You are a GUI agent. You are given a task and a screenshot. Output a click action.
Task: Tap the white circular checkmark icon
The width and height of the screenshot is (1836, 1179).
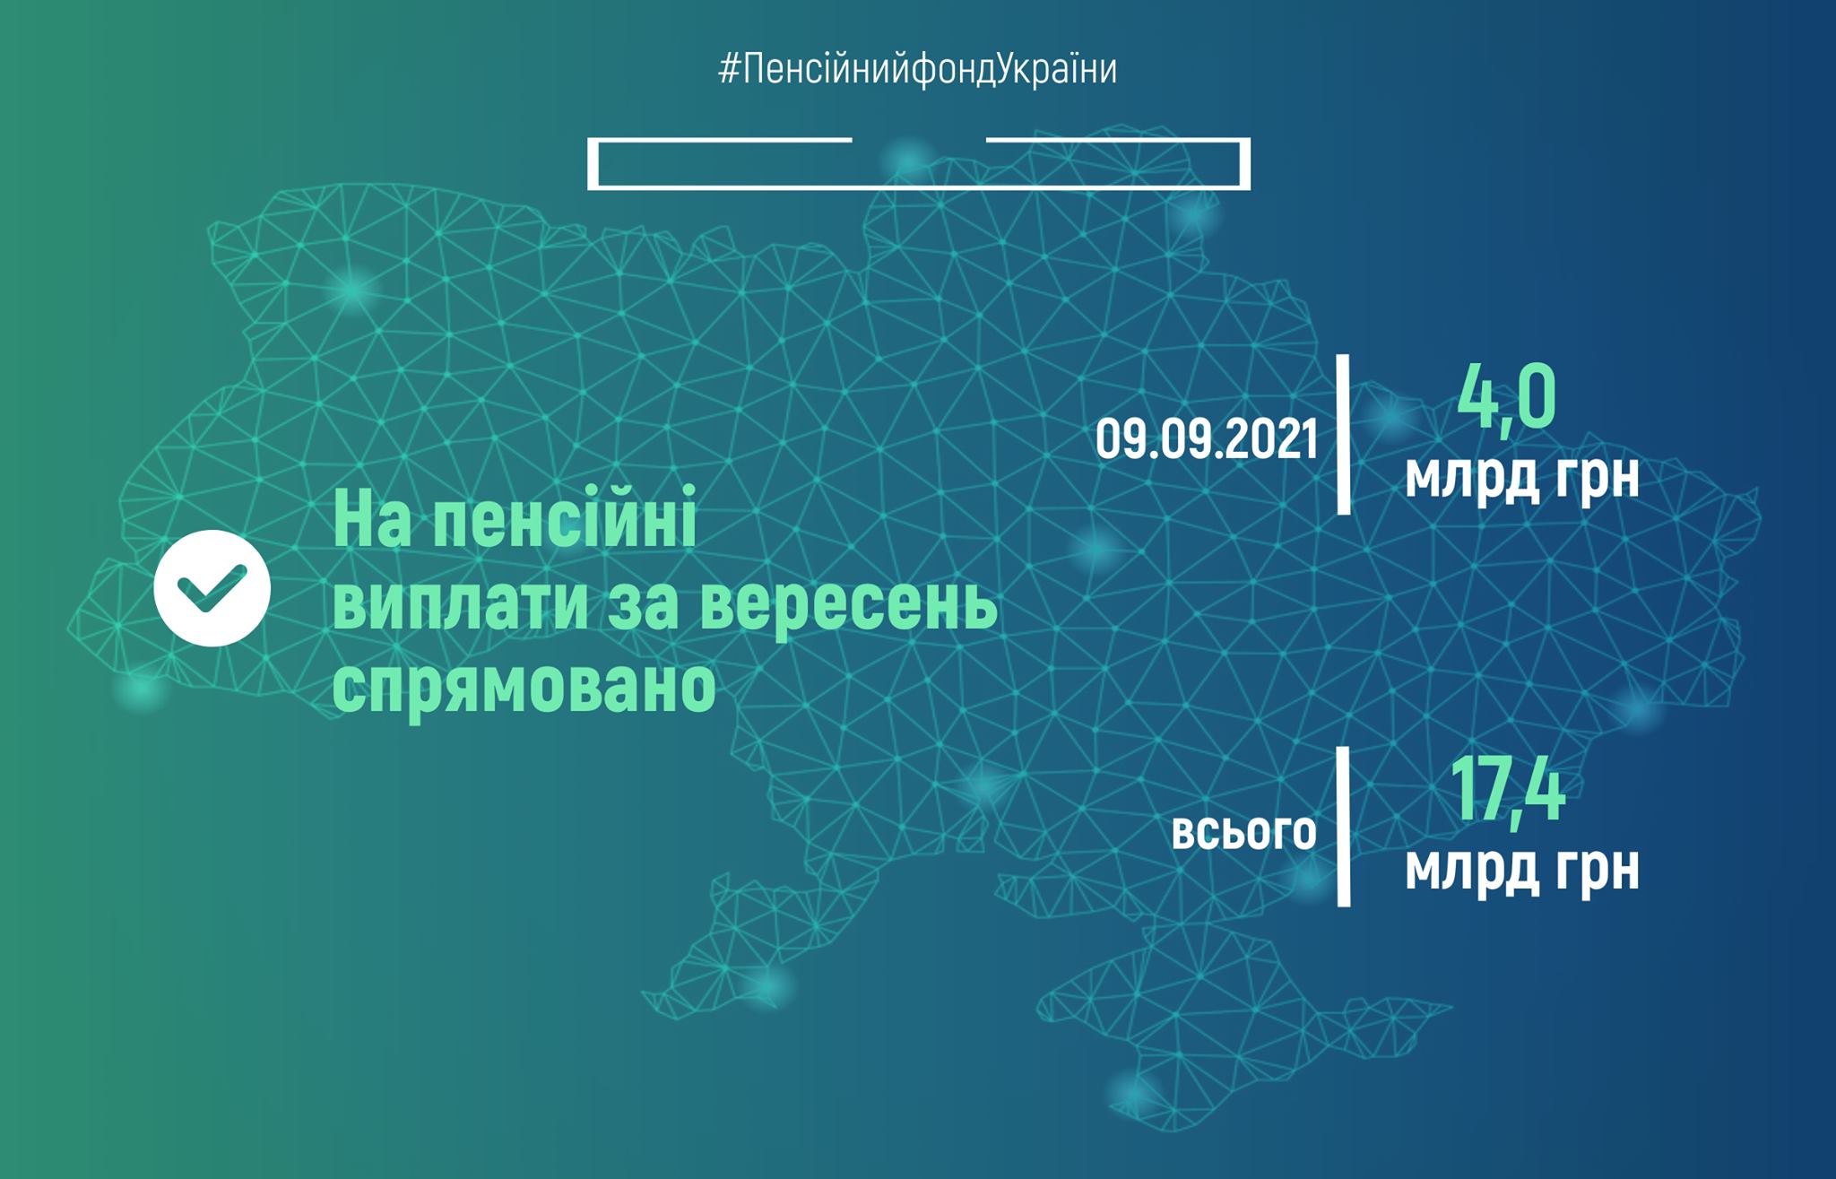(x=212, y=588)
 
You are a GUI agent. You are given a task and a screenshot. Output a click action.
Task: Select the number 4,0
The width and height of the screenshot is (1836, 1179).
(x=1506, y=397)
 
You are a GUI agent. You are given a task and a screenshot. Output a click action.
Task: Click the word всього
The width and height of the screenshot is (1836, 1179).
(x=1244, y=833)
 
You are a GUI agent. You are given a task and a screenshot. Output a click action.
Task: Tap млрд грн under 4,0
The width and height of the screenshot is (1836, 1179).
(x=1521, y=476)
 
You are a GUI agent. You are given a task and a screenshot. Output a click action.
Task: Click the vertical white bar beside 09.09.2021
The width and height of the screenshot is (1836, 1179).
(x=1343, y=435)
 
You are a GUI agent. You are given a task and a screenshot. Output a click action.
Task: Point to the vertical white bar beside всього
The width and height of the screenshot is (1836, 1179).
(x=1343, y=826)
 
